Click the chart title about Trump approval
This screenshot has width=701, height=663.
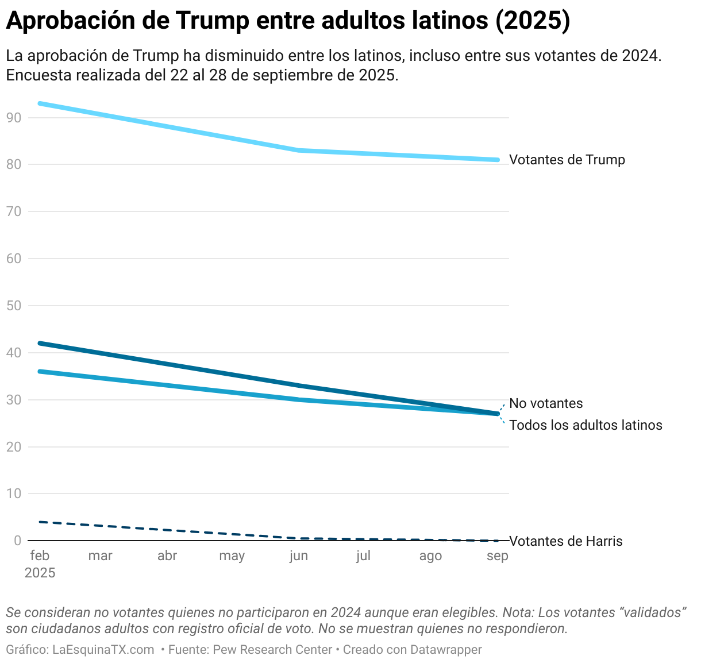(288, 21)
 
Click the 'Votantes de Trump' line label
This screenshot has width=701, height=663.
(567, 160)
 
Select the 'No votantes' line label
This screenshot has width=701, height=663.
(546, 403)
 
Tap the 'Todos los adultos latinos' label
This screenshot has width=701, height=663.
(586, 425)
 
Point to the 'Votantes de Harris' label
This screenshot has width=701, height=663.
(566, 541)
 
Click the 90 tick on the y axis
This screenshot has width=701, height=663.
(14, 118)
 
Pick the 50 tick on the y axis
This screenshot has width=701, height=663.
(14, 306)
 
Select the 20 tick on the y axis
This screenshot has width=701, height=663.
(14, 447)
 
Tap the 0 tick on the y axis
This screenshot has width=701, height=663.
(18, 541)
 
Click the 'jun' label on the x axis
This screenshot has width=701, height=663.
(299, 556)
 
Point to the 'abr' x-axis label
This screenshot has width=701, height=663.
(167, 556)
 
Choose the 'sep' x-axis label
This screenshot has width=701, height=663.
(498, 556)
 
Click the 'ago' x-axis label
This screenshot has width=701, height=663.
(430, 556)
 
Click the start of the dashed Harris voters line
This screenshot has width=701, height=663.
(40, 522)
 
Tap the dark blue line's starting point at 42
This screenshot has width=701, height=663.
(40, 343)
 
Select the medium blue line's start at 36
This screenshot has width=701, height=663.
(40, 371)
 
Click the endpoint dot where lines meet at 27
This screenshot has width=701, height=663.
(498, 414)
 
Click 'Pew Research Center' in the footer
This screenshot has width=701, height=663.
(272, 650)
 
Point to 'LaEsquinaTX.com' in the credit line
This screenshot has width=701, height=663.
(103, 650)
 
